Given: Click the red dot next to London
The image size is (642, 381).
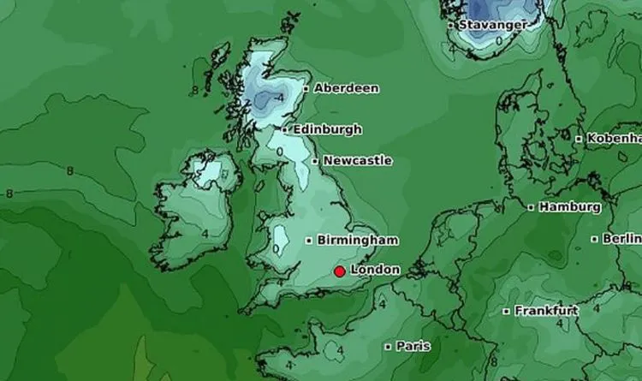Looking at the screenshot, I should [340, 271].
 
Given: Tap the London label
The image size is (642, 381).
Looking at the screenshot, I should [375, 270].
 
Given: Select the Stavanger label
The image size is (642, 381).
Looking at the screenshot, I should [492, 25].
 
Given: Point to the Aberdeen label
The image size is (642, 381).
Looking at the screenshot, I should [346, 88].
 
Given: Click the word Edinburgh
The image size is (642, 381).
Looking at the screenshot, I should [327, 129].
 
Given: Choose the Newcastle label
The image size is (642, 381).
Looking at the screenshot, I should [357, 160].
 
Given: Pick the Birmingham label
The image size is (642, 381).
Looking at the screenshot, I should [357, 240].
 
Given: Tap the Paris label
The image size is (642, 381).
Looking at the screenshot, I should [412, 347].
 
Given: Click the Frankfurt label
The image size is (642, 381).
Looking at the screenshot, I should [545, 311].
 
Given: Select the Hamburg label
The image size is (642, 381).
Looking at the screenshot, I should [569, 206].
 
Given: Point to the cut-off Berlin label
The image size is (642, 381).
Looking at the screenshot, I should [622, 238].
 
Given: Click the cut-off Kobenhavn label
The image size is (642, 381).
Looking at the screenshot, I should [614, 138].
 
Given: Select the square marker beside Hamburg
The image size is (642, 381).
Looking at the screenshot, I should [531, 207].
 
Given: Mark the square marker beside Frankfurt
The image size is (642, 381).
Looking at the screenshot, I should [507, 312].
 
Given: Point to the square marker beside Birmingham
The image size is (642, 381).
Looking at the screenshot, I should [309, 241].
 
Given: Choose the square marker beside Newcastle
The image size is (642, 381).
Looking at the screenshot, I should [315, 161].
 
